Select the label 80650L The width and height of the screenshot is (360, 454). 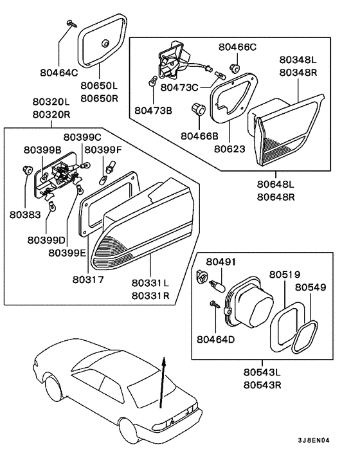tap(99, 85)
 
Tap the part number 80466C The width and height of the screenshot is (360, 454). tap(237, 47)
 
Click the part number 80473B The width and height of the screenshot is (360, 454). tap(154, 111)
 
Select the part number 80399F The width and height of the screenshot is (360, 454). tap(104, 150)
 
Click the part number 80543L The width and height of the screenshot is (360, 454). tap(265, 373)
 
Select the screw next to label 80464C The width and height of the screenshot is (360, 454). tap(68, 25)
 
